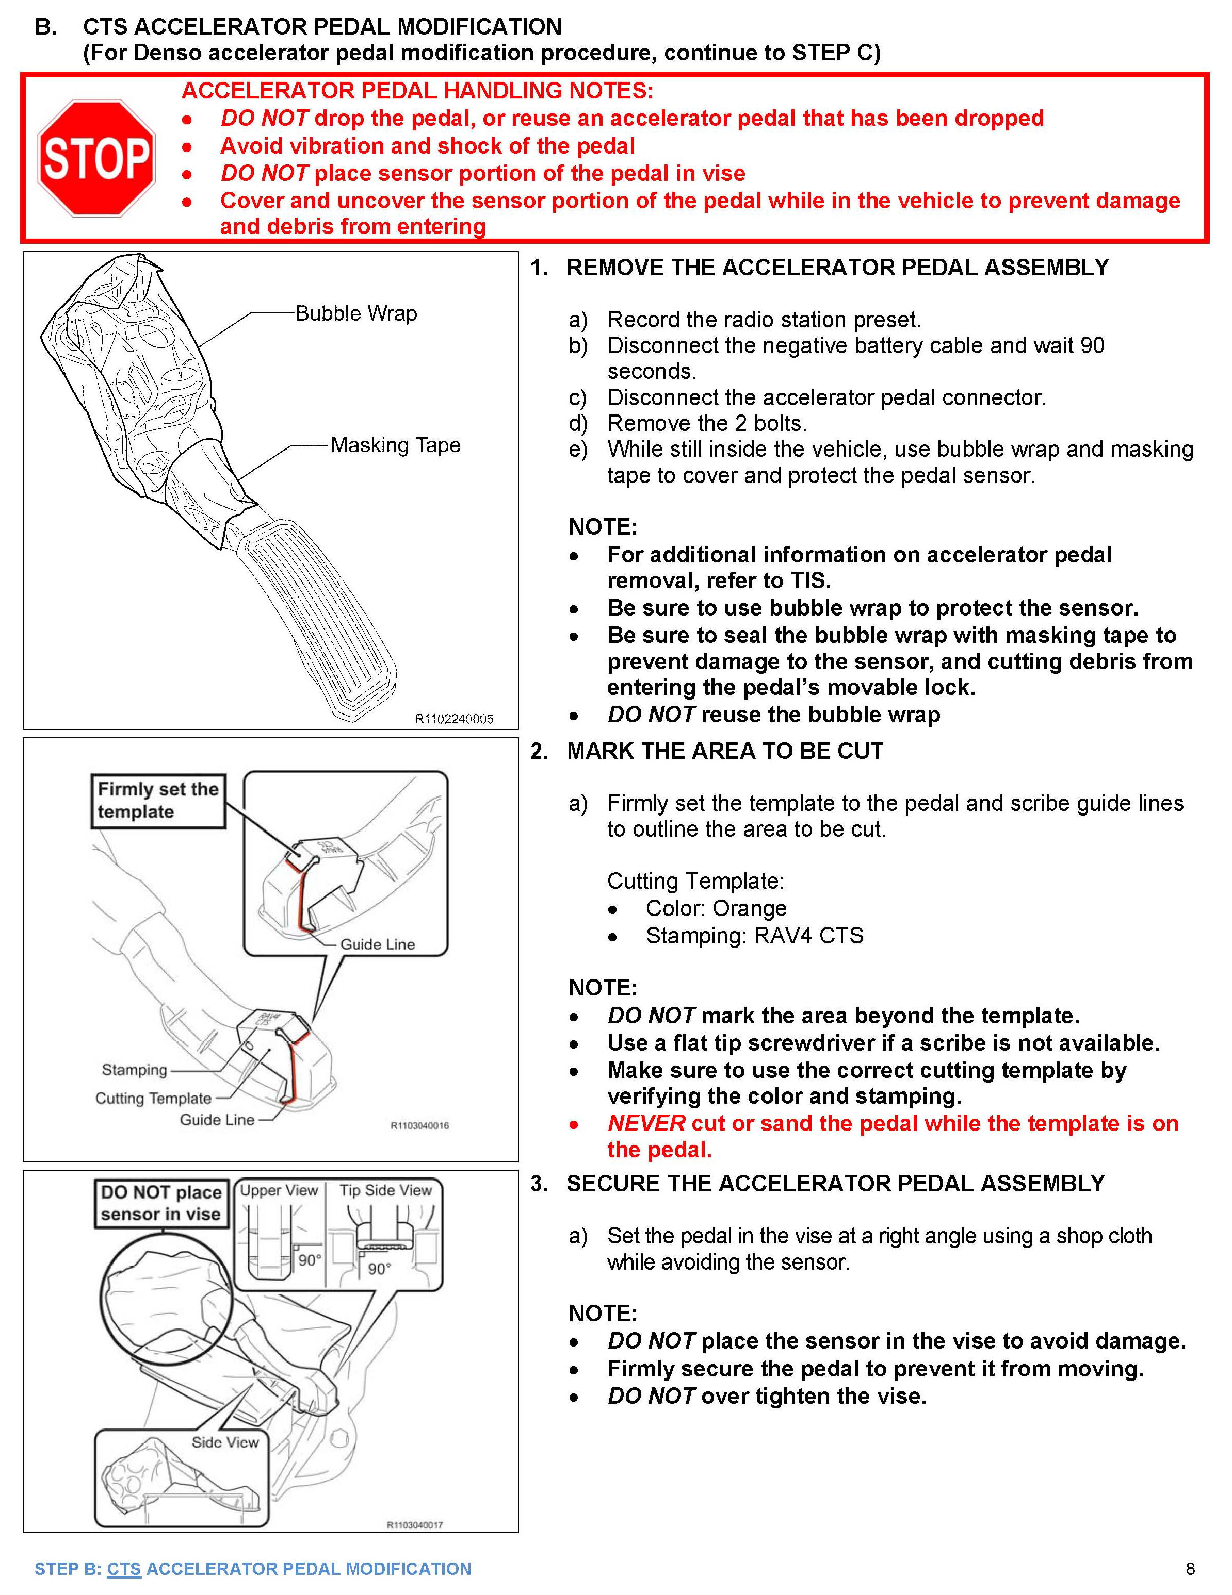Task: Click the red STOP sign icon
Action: tap(96, 158)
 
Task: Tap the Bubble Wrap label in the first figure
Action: tap(356, 313)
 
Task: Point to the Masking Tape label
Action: tap(395, 445)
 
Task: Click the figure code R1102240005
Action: tap(454, 719)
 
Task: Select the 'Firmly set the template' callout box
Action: tap(158, 801)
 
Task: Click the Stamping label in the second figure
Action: tap(135, 1069)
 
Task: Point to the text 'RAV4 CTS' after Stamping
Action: tap(808, 936)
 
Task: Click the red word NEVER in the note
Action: tap(646, 1123)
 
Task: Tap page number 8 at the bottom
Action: tap(1190, 1568)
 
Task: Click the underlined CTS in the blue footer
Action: tap(123, 1569)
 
